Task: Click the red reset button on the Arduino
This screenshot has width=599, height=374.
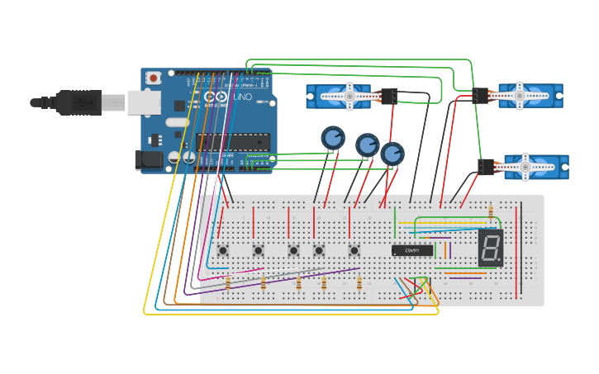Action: click(154, 78)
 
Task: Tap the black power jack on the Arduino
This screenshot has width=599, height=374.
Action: click(149, 159)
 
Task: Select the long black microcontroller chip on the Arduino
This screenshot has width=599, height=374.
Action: click(233, 142)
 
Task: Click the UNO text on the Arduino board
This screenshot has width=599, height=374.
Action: click(243, 97)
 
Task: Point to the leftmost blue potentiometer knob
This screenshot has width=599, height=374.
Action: click(333, 138)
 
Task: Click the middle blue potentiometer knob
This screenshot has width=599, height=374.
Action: click(368, 145)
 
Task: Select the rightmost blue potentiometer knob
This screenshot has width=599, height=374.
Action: click(392, 154)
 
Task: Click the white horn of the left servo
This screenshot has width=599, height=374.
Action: click(349, 97)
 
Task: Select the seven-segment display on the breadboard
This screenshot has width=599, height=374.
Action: click(490, 248)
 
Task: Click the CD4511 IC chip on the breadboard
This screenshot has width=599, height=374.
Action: click(412, 250)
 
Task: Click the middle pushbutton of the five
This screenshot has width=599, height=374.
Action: click(293, 250)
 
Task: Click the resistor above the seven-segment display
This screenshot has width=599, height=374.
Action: click(490, 213)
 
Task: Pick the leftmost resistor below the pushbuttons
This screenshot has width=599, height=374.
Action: click(228, 283)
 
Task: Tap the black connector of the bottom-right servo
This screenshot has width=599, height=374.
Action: click(486, 167)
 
